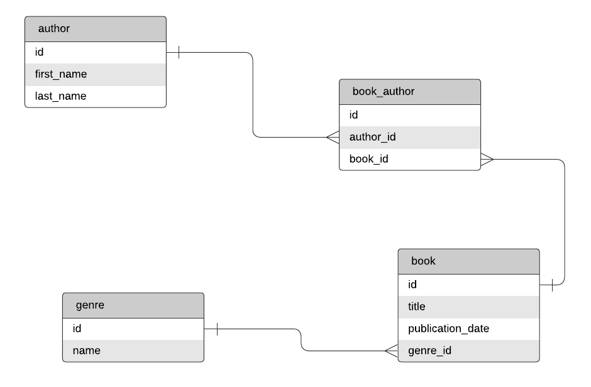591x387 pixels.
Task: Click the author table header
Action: pos(96,29)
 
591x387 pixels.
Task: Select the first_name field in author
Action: pos(96,74)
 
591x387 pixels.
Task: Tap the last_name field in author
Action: pos(96,96)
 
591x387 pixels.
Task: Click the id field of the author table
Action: pos(96,52)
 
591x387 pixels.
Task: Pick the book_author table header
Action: pos(409,92)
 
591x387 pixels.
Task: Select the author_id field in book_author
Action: pos(409,137)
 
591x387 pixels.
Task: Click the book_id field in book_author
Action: pos(409,159)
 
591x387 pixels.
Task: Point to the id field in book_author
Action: pos(409,115)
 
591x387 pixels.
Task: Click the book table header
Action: pos(468,261)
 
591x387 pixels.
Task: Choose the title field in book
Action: pos(468,307)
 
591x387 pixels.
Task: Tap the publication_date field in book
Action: pos(468,329)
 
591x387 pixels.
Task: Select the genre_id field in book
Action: pos(468,351)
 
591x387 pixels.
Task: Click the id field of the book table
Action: pos(468,285)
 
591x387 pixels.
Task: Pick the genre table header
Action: pos(133,305)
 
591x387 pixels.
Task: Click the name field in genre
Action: pos(133,351)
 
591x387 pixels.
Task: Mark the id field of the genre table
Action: pos(133,329)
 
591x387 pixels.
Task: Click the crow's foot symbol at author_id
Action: pos(333,137)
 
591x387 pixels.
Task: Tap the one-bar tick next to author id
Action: pos(179,52)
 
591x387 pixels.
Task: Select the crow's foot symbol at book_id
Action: pos(487,160)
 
